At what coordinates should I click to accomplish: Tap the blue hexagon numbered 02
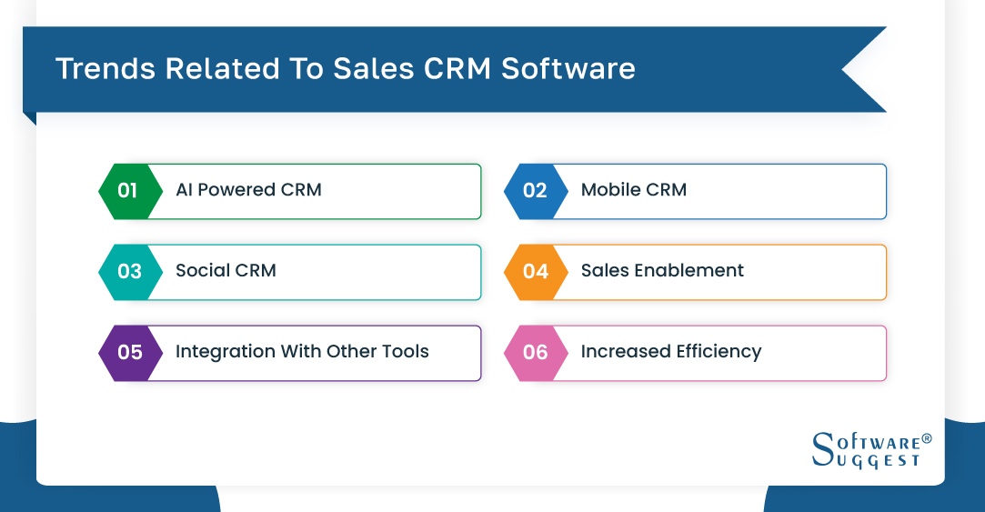point(536,192)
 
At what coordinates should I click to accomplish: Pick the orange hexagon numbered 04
point(536,272)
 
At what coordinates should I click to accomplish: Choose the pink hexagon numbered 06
point(536,353)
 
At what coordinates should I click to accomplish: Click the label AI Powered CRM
point(249,190)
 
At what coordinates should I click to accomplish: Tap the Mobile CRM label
point(634,190)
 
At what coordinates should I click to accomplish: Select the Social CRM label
point(226,271)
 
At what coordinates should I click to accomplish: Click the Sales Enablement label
point(662,271)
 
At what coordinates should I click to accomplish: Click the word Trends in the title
point(106,68)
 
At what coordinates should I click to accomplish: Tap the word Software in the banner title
point(568,68)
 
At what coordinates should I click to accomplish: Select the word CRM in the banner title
point(457,68)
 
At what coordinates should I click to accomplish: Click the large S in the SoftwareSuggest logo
point(823,448)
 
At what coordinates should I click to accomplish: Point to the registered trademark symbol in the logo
point(927,438)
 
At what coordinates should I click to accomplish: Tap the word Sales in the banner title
point(373,68)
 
